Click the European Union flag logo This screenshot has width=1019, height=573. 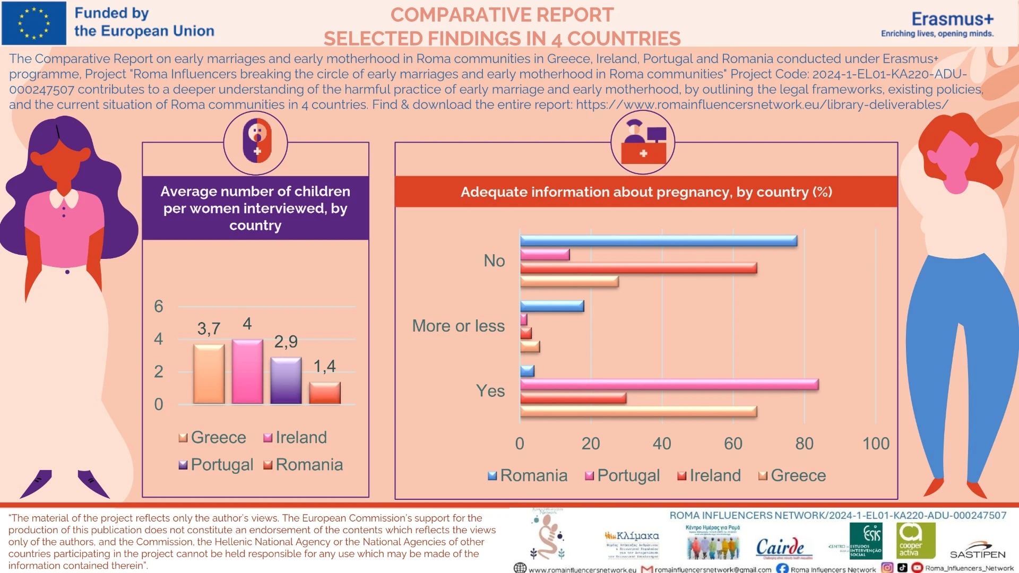(34, 23)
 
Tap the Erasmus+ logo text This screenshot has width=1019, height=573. (952, 20)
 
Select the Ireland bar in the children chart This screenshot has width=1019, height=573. (247, 371)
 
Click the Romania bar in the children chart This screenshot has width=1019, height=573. (325, 393)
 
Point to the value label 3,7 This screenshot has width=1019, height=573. (209, 329)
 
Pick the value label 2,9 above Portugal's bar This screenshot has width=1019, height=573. (286, 342)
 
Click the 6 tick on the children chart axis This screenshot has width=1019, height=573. (159, 307)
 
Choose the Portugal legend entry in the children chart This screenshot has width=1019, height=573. (216, 465)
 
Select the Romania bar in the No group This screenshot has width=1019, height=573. (658, 241)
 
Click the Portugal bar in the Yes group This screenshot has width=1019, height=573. (669, 384)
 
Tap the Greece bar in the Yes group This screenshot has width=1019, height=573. (638, 411)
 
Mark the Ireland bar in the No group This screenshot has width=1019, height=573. (638, 268)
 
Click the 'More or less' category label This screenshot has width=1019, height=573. (458, 326)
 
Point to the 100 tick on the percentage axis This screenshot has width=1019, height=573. (875, 444)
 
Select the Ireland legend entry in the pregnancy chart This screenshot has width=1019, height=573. (709, 475)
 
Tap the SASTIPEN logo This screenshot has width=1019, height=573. (978, 552)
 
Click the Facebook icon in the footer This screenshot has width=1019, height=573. (782, 568)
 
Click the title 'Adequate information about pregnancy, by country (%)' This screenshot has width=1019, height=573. (646, 192)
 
